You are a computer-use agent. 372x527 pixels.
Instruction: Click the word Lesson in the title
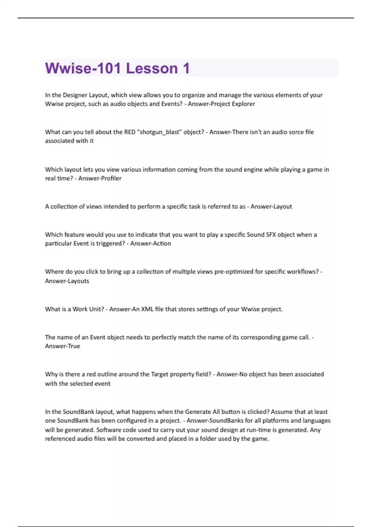pos(152,68)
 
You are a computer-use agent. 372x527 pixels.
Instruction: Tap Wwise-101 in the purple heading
pos(83,68)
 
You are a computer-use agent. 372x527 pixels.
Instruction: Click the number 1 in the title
pos(186,68)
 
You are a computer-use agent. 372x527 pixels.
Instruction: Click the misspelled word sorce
pos(296,132)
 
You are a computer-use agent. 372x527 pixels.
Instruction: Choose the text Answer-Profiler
pos(100,178)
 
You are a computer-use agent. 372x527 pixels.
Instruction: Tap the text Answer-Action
pos(150,243)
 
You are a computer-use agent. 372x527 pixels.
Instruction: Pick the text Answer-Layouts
pos(67,281)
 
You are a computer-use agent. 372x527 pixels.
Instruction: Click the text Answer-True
pos(63,346)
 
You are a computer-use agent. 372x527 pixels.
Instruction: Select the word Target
pos(159,374)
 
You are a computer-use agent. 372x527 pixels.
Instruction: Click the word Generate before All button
pos(198,412)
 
